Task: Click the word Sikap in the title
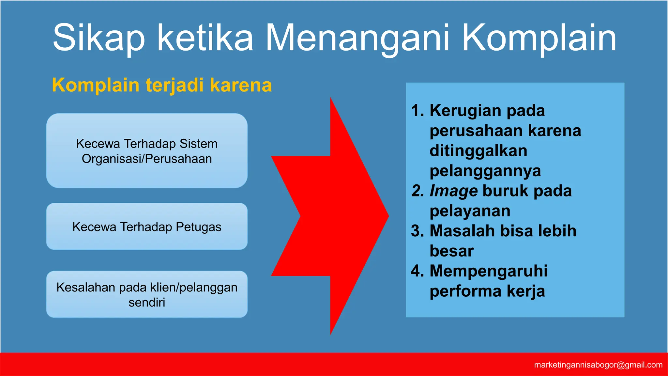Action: point(99,38)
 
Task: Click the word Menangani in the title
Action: point(359,38)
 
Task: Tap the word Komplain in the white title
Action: point(539,38)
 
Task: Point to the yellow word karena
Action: point(241,86)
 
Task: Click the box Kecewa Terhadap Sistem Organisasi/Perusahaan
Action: point(147,151)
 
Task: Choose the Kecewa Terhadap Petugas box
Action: point(147,227)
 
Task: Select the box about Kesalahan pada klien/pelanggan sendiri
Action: point(147,294)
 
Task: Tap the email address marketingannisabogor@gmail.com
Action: point(598,365)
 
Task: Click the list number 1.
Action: point(417,111)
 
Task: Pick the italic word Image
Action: point(454,191)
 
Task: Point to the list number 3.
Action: point(417,231)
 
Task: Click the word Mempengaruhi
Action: point(489,271)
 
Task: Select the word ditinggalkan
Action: point(478,151)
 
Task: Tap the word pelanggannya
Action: point(485,171)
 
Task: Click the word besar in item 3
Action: point(451,251)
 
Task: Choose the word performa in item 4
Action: point(465,291)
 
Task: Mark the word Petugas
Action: point(198,227)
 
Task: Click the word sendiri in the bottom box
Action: point(147,303)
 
